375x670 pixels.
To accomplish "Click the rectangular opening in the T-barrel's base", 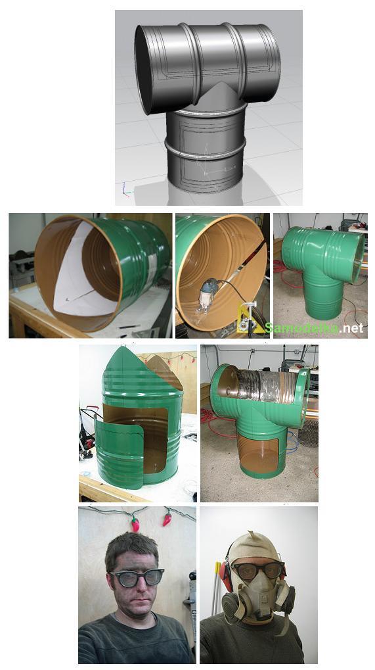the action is (x=258, y=454).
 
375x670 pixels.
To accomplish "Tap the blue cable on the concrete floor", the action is (x=292, y=442).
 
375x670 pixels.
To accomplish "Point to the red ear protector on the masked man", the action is (x=226, y=573).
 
